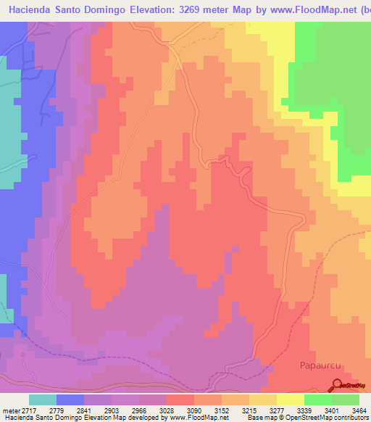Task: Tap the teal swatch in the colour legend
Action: (x=43, y=400)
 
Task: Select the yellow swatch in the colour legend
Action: (x=291, y=400)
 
